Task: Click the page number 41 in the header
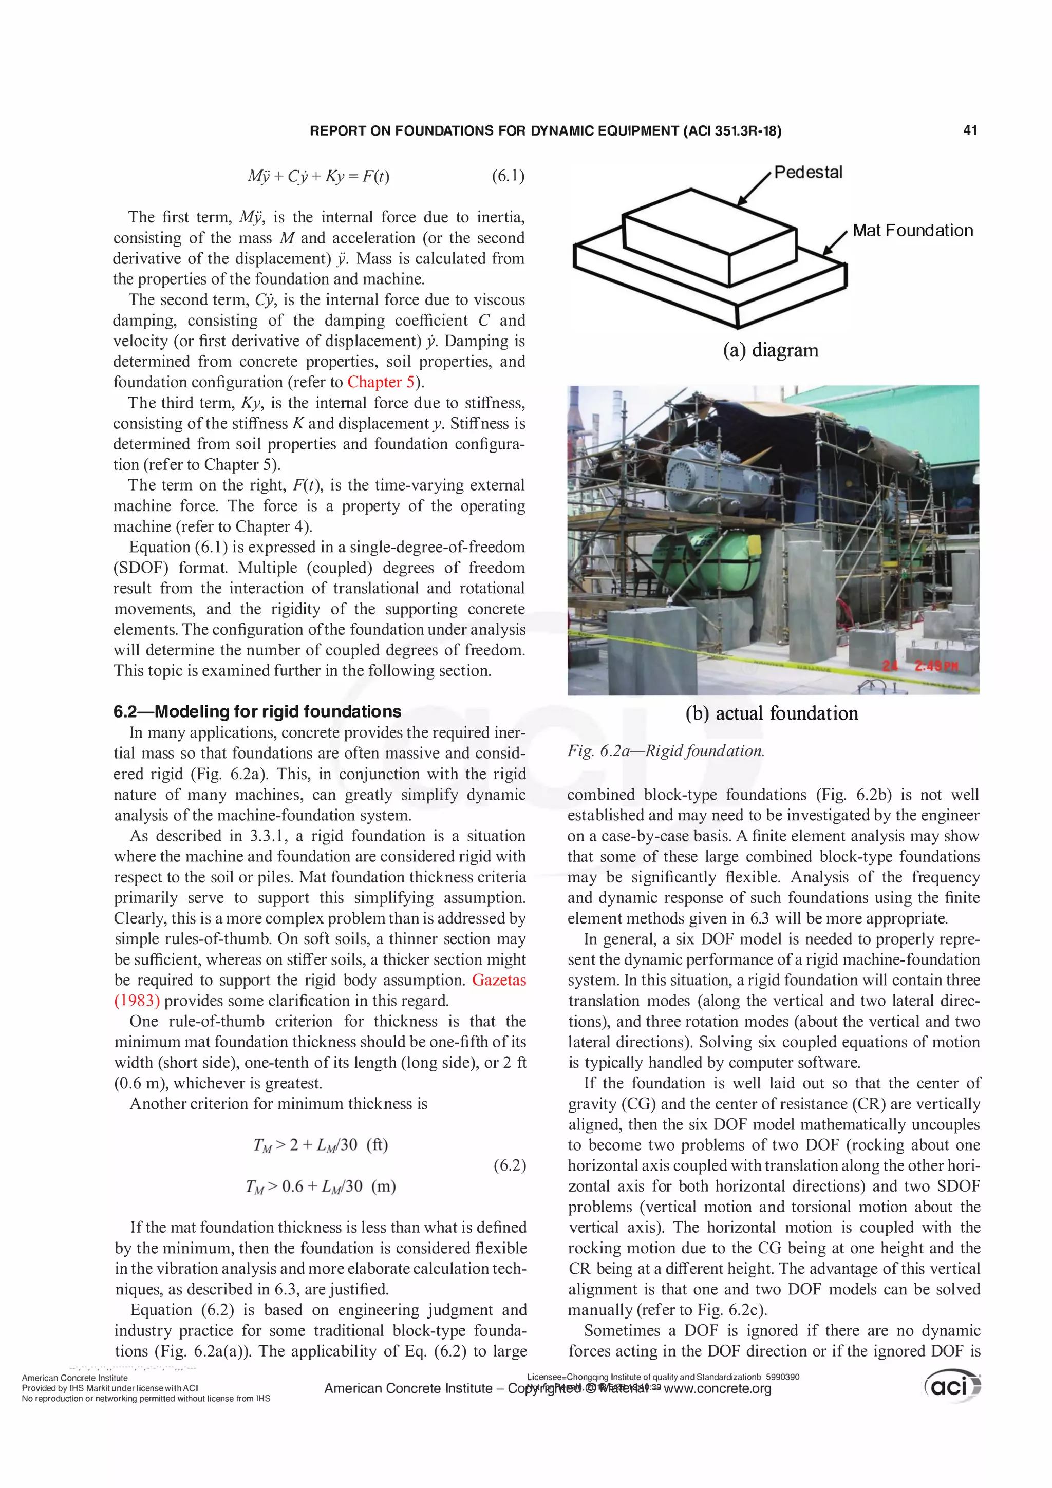(x=970, y=130)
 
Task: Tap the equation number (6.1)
(x=508, y=176)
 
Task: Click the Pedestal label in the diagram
(x=809, y=173)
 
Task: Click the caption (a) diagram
(x=771, y=351)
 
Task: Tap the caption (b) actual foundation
(x=772, y=713)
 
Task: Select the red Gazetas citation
(x=498, y=980)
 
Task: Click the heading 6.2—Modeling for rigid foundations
(x=257, y=711)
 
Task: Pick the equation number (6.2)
(x=510, y=1165)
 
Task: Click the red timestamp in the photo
(x=920, y=666)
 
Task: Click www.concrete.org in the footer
(x=718, y=1389)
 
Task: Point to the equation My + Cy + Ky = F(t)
(x=318, y=176)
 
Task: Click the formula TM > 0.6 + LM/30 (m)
(x=320, y=1186)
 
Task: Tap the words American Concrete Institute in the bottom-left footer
(x=74, y=1378)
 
